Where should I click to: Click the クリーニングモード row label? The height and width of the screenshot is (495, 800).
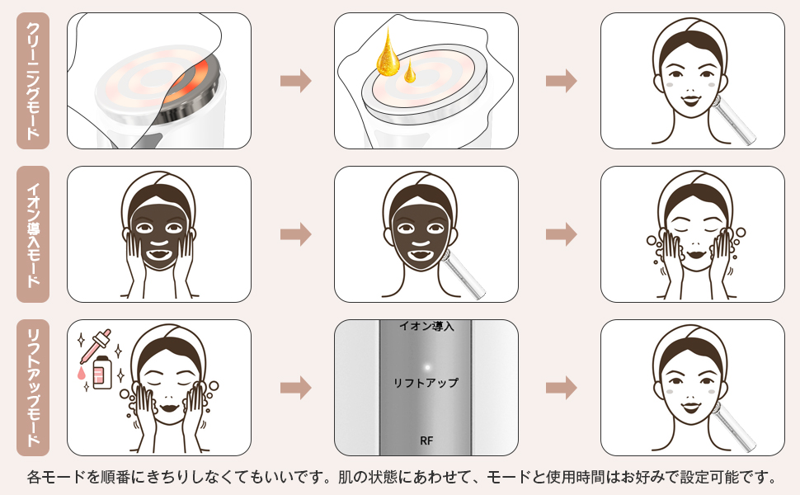(x=33, y=81)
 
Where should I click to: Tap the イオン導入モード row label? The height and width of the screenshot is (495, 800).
(x=33, y=233)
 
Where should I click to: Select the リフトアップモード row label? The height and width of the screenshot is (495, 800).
(x=33, y=387)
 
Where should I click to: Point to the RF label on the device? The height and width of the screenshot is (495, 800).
(x=426, y=441)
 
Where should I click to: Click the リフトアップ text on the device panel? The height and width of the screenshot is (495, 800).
(x=426, y=384)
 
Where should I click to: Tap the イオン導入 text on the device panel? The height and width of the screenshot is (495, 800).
(x=426, y=327)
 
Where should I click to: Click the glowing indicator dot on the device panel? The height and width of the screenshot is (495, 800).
(x=426, y=366)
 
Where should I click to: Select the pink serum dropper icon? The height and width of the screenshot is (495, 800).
(x=92, y=350)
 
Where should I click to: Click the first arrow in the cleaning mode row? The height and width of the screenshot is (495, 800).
(x=295, y=81)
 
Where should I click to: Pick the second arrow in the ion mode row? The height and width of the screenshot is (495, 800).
(x=561, y=234)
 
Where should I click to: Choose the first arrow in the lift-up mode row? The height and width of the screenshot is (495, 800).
(x=295, y=387)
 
